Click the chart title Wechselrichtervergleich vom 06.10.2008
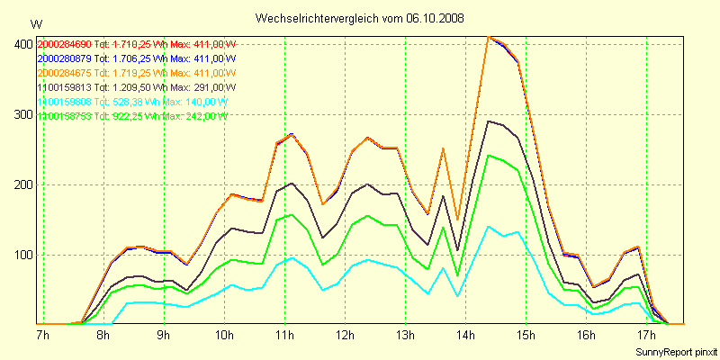pyautogui.click(x=360, y=18)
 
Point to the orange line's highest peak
pyautogui.click(x=488, y=37)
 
